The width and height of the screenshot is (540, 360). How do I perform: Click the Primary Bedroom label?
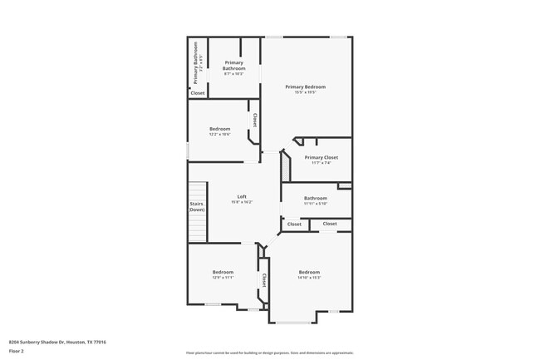[305, 86]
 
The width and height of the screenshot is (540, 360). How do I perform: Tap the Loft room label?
[241, 196]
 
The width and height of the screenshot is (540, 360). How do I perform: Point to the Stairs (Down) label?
[197, 206]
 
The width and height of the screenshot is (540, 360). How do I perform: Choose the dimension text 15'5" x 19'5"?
[305, 92]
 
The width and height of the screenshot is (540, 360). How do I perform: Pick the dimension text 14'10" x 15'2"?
[309, 278]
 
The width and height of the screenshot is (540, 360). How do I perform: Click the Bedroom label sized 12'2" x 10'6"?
[219, 129]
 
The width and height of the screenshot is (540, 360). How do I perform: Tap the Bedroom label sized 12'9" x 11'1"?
[223, 272]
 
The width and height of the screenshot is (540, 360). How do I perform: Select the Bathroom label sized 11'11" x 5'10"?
[316, 198]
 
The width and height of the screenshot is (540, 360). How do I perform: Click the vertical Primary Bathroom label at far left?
[197, 63]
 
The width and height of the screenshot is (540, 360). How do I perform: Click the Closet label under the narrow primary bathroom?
[198, 93]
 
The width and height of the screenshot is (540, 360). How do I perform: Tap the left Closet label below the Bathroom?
[294, 224]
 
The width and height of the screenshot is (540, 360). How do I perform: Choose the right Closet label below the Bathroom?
[330, 224]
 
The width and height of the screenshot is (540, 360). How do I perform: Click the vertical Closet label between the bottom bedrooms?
[264, 281]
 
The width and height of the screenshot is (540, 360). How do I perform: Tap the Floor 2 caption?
[17, 351]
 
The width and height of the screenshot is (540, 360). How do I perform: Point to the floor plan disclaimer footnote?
[270, 353]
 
